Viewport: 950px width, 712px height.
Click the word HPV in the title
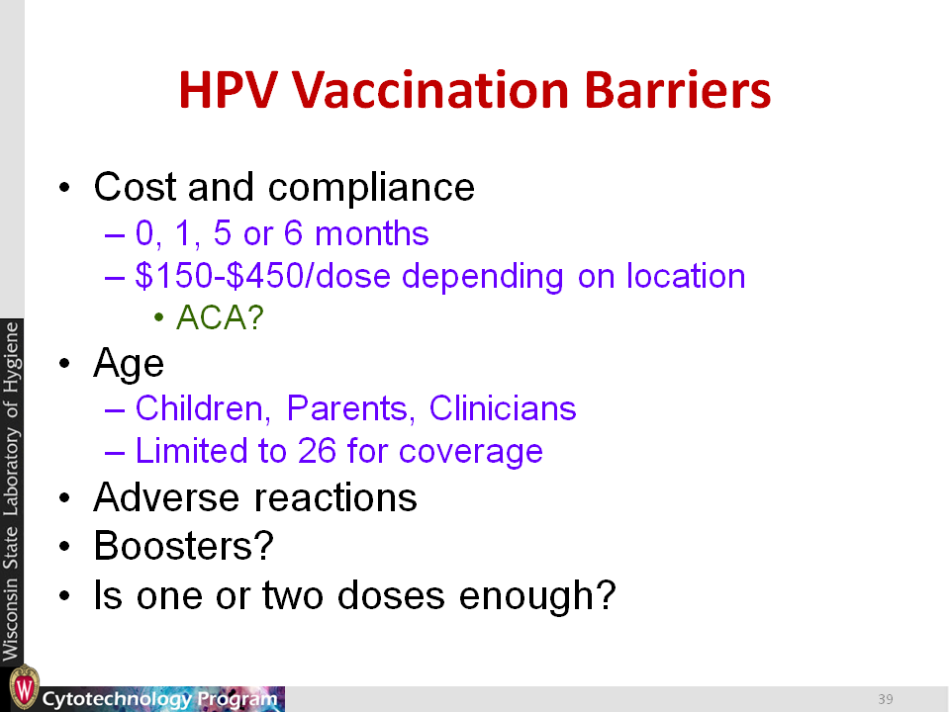[229, 90]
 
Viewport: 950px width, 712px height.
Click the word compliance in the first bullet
[371, 188]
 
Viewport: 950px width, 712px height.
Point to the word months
[372, 233]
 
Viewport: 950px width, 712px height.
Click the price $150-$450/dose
[263, 276]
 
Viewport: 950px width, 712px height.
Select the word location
[685, 276]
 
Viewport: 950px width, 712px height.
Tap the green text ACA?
[220, 317]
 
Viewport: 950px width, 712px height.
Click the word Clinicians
[503, 408]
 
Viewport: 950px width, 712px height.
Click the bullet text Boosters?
[184, 546]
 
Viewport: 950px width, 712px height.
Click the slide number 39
[886, 699]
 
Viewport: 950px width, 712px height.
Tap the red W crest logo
[24, 688]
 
